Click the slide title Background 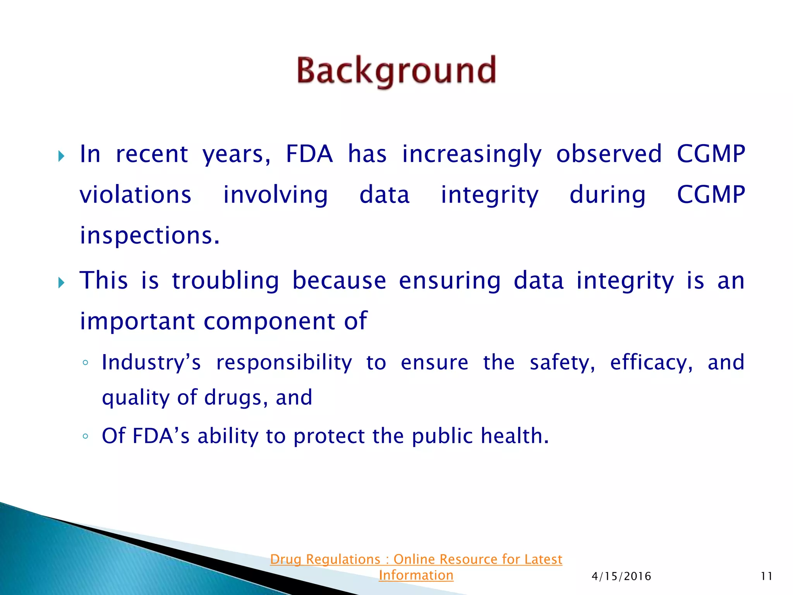[396, 71]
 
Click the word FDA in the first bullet [309, 154]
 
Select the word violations [136, 194]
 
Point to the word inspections [149, 236]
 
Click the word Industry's [151, 363]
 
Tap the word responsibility [284, 363]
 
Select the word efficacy [651, 363]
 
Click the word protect [329, 437]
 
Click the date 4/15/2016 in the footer [621, 576]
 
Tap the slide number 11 [766, 576]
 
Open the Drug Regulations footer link [416, 559]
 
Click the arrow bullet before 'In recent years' [61, 156]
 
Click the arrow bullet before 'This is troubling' [61, 283]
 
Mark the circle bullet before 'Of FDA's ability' [86, 437]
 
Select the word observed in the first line [609, 154]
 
